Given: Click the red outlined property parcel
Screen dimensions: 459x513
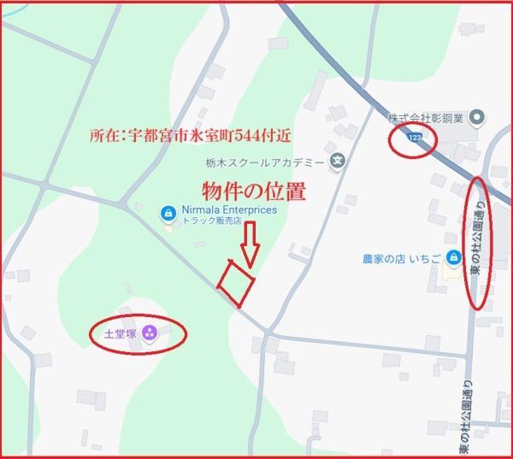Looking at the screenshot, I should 236,281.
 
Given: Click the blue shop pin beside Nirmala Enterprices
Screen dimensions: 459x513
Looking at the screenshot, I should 168,211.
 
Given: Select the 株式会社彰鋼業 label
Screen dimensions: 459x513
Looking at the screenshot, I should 425,118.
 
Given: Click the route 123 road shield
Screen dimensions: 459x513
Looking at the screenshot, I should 415,138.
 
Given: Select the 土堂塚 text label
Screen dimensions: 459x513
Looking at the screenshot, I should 121,332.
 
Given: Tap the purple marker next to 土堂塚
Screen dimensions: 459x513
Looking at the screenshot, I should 150,332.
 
